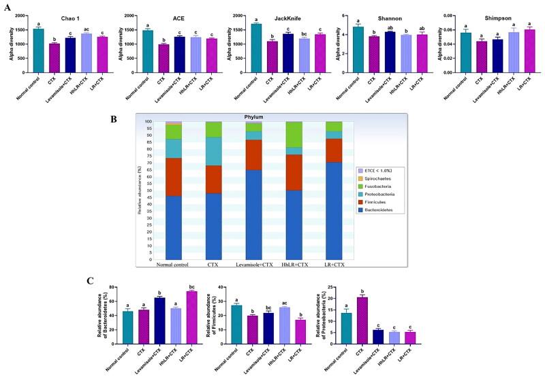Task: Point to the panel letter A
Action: point(7,6)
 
